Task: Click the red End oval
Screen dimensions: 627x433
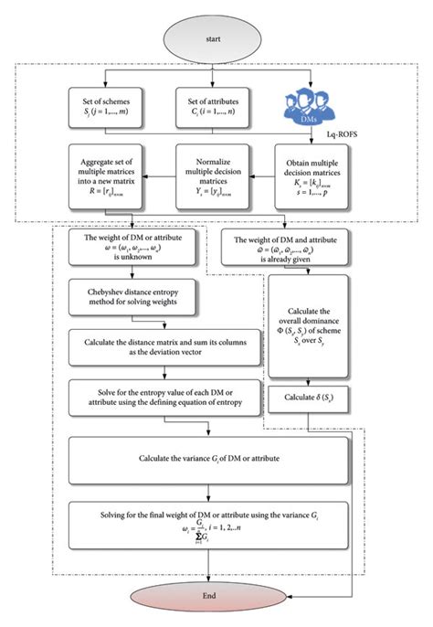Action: (216, 598)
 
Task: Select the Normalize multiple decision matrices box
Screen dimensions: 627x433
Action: (217, 179)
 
